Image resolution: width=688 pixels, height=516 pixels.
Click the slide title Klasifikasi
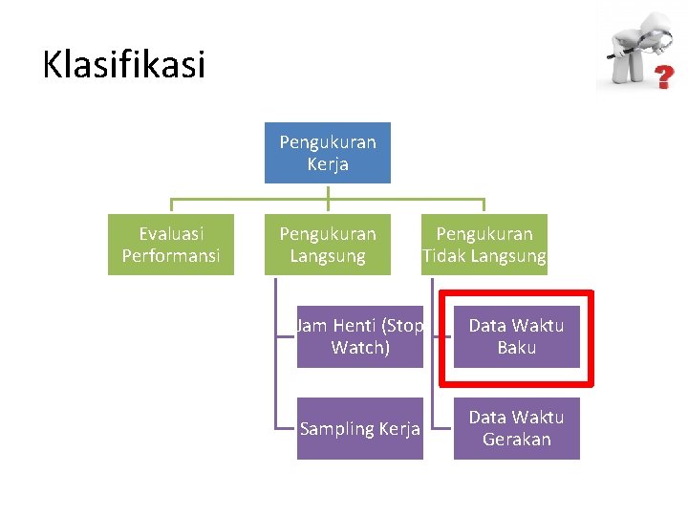click(123, 65)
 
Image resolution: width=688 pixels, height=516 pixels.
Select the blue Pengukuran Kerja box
click(328, 153)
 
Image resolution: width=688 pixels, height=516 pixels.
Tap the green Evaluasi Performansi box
click(171, 245)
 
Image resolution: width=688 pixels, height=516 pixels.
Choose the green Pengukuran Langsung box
click(328, 245)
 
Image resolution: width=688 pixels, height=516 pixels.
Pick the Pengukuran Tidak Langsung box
click(484, 245)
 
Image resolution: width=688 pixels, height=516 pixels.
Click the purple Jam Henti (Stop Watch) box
click(360, 336)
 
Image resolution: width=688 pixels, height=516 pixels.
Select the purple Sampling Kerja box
click(360, 428)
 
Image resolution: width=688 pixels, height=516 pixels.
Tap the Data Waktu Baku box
click(517, 336)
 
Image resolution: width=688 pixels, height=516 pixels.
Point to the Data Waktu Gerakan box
click(517, 428)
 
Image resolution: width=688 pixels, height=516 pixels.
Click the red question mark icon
click(660, 77)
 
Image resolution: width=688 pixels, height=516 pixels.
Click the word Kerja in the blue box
click(328, 164)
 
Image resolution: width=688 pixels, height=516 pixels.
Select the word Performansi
click(171, 256)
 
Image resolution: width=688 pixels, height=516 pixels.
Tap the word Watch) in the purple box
click(360, 348)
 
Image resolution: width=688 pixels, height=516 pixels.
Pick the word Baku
click(517, 348)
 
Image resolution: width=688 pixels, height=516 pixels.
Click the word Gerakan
click(517, 440)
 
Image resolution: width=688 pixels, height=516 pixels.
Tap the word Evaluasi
click(171, 233)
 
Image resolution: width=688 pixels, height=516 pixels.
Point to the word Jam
click(311, 326)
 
